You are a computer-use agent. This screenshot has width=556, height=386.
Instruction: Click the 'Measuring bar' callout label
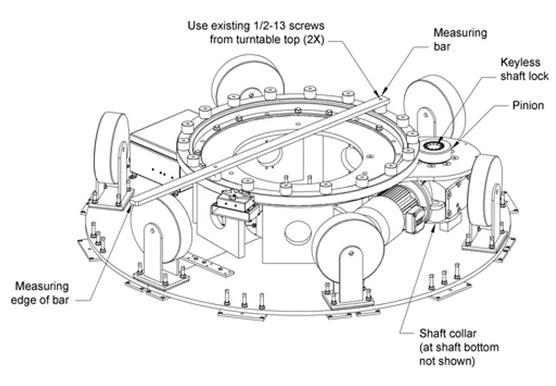click(x=460, y=39)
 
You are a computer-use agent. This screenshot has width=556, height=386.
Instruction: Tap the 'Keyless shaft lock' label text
click(x=524, y=69)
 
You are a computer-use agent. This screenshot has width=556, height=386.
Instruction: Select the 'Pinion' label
click(x=528, y=106)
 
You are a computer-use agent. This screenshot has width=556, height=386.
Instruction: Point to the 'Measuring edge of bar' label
click(x=39, y=293)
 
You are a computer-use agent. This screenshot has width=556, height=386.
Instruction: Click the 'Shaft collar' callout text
click(x=447, y=334)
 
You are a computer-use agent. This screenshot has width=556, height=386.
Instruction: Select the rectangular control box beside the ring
click(x=156, y=152)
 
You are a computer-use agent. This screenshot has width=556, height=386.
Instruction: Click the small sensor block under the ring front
click(x=235, y=205)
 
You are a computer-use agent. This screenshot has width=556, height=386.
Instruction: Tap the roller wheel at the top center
click(x=248, y=80)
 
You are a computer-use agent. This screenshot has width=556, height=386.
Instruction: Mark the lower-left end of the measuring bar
click(x=133, y=203)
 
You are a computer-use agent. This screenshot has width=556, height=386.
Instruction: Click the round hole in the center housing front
click(x=298, y=232)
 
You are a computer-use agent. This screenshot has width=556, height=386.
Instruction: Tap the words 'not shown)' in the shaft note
click(x=447, y=361)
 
